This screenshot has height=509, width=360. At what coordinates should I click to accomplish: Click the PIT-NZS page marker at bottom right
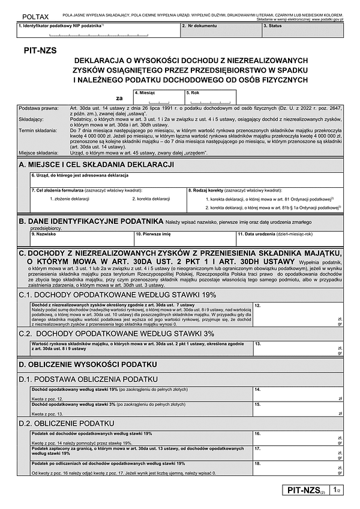(x=306, y=492)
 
